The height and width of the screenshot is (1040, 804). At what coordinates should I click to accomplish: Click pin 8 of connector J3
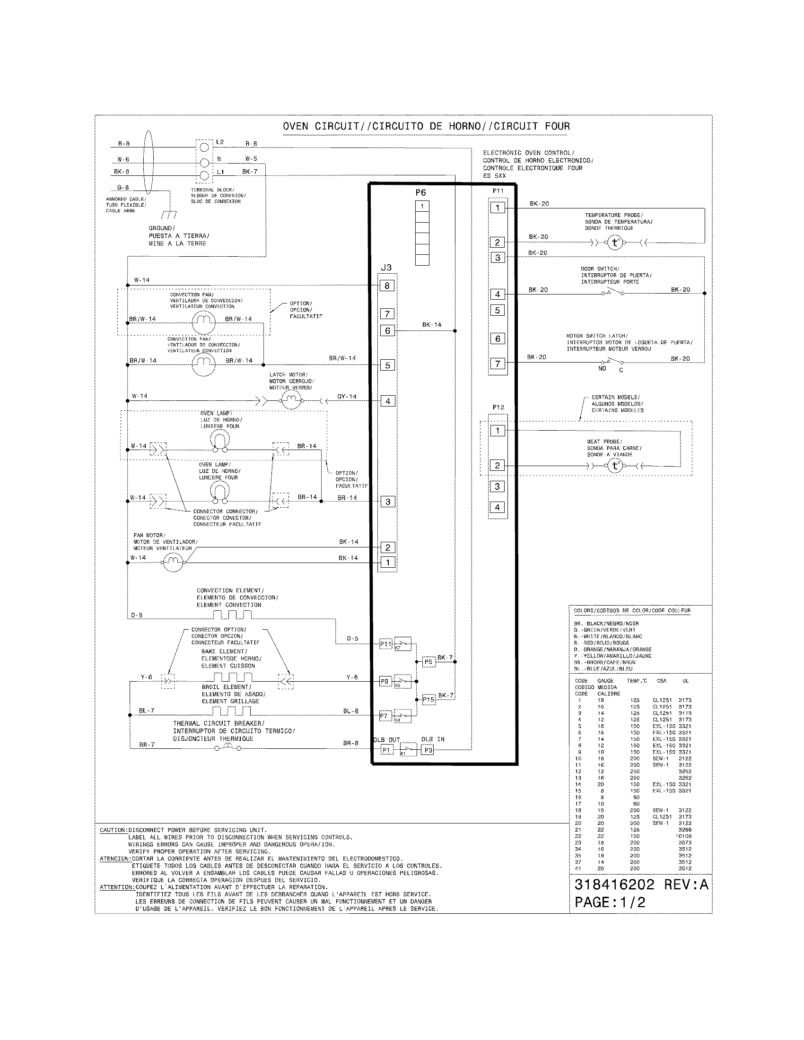(x=387, y=286)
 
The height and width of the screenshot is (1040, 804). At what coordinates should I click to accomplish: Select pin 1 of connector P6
(x=422, y=206)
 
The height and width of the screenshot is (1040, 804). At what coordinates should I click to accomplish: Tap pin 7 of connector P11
(x=498, y=364)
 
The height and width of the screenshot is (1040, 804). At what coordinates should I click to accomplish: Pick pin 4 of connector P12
(x=497, y=508)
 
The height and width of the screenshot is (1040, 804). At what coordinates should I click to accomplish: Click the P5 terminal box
(x=428, y=662)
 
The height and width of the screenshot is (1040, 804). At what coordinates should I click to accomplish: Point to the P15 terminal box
(x=428, y=700)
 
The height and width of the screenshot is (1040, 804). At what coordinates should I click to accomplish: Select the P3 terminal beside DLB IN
(x=428, y=751)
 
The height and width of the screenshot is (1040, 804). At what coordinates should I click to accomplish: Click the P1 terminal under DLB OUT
(x=386, y=751)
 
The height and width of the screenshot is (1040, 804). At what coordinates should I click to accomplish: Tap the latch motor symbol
(x=290, y=401)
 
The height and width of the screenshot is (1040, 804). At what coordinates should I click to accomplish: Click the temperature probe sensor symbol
(x=615, y=243)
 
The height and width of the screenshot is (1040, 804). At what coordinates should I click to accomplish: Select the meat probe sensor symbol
(x=615, y=466)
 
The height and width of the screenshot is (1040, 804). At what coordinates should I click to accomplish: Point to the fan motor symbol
(x=173, y=563)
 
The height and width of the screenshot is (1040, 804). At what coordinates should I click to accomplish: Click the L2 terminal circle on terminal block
(x=204, y=147)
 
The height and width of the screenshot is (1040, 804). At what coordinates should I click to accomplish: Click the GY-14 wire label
(x=347, y=396)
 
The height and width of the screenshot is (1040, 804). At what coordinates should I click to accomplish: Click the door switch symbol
(x=614, y=292)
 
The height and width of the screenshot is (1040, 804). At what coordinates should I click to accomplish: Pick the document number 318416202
(x=614, y=885)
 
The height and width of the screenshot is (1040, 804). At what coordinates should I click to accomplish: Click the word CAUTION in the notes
(x=113, y=830)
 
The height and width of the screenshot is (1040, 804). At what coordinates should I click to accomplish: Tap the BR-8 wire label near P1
(x=350, y=743)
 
